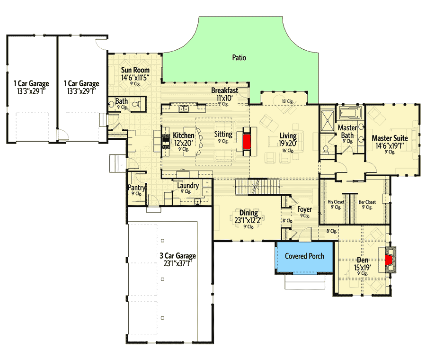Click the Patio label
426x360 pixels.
239,58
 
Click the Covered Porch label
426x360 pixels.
304,256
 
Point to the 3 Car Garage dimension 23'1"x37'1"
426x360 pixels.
177,263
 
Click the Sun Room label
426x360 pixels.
135,71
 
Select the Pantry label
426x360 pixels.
136,188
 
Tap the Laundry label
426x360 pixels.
188,186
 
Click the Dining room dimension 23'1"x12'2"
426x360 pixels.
249,220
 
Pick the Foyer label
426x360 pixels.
304,209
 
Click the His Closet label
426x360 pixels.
336,202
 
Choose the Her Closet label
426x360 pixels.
367,202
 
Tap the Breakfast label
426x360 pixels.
224,90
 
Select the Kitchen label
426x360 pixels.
183,135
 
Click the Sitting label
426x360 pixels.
223,134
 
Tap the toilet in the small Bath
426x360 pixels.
135,104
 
